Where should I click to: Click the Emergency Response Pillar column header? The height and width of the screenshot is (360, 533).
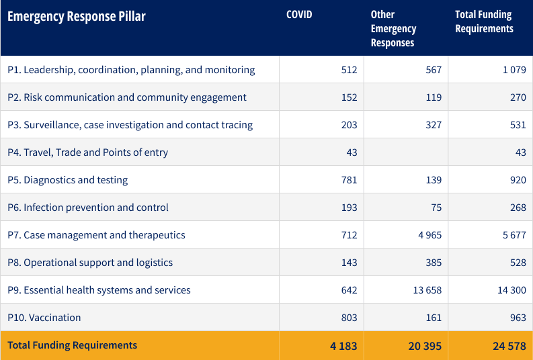pos(76,17)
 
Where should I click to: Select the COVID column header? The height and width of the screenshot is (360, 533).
pos(299,15)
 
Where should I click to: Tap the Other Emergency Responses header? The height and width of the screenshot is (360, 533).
pos(393,29)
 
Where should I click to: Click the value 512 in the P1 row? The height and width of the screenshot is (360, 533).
pos(349,70)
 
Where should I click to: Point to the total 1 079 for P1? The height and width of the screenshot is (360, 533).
pos(514,70)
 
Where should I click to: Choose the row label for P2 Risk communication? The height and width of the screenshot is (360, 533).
pos(127,97)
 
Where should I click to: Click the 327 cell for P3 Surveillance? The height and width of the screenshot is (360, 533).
pos(434,125)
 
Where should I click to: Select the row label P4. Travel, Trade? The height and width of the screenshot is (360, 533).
pos(87,152)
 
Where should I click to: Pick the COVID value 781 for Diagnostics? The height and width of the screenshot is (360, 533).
pos(349,180)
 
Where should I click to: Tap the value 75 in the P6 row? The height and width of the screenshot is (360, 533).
pos(436,208)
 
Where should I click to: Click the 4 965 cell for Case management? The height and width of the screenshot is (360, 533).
pos(429,235)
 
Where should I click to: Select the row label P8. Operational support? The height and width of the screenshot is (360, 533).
pos(90,263)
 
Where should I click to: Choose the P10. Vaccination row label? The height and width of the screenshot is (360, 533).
pos(44,318)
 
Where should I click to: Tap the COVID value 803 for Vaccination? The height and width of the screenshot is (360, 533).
pos(349,318)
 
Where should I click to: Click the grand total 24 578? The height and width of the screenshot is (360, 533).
pos(509,346)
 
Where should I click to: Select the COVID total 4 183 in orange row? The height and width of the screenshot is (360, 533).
pos(343,346)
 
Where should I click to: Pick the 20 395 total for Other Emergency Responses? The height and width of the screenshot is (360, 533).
pos(425,346)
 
